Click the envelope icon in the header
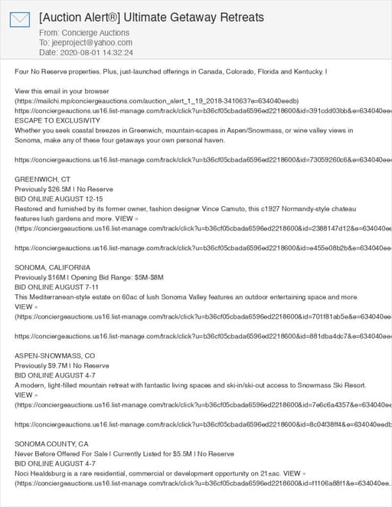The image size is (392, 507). click(20, 21)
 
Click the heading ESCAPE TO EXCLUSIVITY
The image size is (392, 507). click(60, 121)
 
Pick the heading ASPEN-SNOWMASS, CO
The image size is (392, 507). click(55, 355)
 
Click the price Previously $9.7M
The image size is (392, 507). click(44, 365)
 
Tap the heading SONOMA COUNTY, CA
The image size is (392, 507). click(52, 444)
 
